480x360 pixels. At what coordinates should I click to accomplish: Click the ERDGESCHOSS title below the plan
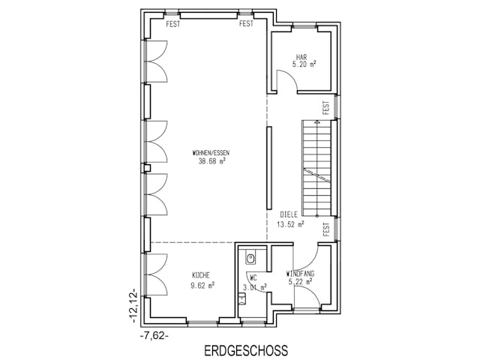[x=244, y=350]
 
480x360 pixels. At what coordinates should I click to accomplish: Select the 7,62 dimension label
[x=154, y=336]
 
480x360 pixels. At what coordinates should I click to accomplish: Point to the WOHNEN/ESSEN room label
[x=211, y=153]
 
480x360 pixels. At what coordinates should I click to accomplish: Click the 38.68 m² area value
[x=211, y=161]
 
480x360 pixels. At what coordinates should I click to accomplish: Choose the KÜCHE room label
[x=201, y=275]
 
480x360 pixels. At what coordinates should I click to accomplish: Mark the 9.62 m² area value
[x=202, y=285]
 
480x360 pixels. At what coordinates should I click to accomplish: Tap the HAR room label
[x=302, y=57]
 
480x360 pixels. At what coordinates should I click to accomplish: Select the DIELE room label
[x=289, y=214]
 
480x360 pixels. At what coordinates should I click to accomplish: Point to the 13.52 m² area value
[x=290, y=223]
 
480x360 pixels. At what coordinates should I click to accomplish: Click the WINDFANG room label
[x=301, y=274]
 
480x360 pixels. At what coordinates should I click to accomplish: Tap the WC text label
[x=252, y=277]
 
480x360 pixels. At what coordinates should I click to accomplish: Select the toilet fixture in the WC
[x=250, y=257]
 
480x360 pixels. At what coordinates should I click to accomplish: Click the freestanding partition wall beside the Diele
[x=268, y=168]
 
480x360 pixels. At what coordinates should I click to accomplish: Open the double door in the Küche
[x=157, y=273]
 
